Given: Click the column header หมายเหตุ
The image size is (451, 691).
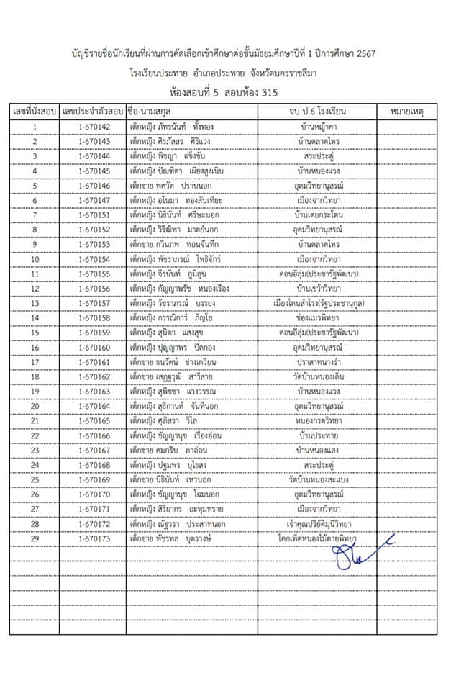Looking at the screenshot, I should [x=406, y=113].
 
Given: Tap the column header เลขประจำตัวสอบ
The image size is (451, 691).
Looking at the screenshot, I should [x=91, y=113].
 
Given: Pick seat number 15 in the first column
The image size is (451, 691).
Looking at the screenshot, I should [x=35, y=333].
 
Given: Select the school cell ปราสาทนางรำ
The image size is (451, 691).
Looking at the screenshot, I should [x=317, y=362].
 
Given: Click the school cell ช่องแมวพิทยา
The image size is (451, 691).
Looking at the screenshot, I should [x=317, y=318].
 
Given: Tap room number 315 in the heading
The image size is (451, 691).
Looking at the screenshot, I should [x=265, y=92].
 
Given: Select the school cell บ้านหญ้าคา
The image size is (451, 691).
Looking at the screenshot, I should [x=317, y=127].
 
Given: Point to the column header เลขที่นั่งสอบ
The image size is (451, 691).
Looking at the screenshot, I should [x=35, y=113].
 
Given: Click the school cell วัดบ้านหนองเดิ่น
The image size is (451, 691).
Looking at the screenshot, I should [x=317, y=376].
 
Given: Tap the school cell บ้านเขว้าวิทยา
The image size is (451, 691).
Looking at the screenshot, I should [x=317, y=289].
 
